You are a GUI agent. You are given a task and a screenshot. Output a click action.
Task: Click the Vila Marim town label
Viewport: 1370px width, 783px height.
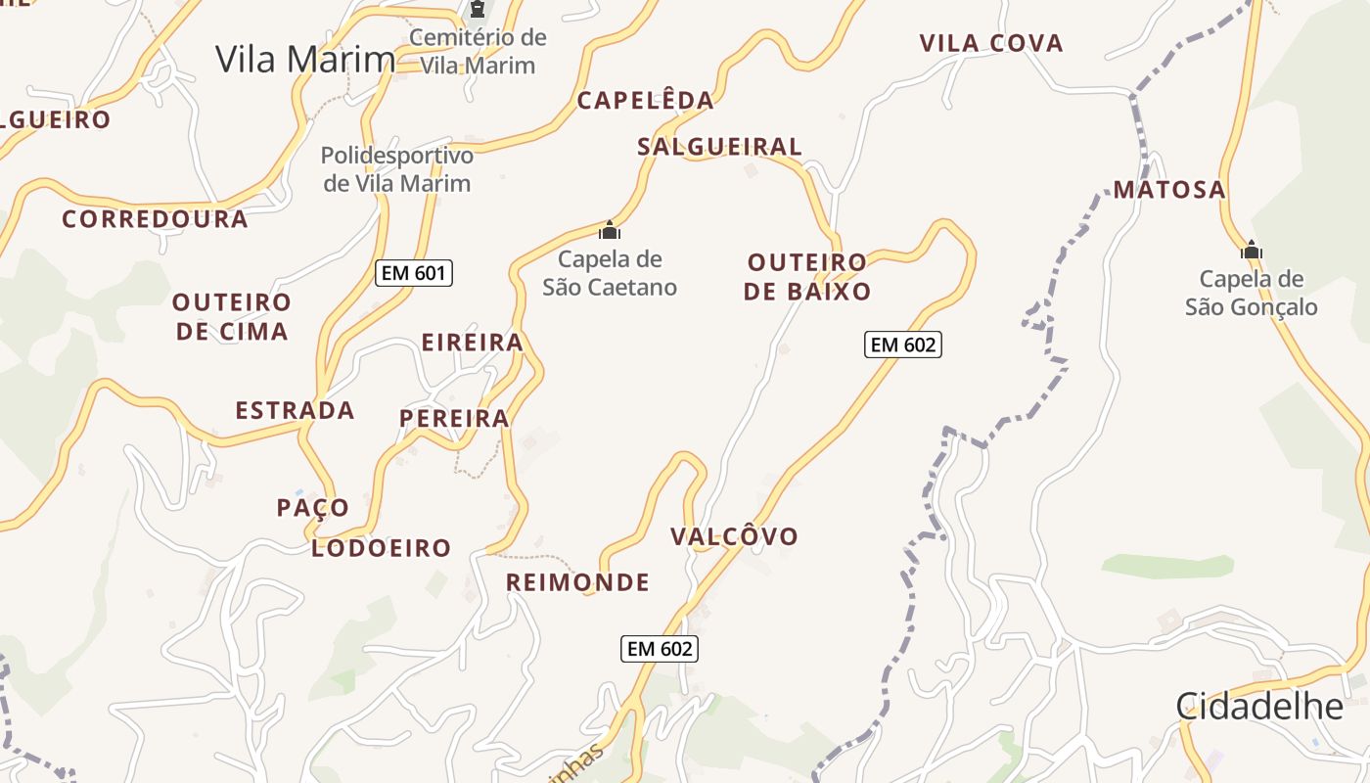coord(305,60)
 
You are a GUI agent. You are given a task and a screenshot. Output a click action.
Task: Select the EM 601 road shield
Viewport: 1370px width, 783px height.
coord(414,273)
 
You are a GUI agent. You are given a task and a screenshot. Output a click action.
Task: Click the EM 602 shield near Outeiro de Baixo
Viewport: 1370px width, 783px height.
coord(902,345)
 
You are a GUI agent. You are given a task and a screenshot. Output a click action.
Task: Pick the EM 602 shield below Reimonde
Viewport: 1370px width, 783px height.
coord(660,648)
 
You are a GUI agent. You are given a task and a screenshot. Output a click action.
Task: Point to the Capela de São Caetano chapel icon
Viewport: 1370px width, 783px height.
coord(610,232)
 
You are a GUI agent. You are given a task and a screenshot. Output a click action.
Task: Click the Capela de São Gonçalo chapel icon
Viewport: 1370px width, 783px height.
coord(1251,251)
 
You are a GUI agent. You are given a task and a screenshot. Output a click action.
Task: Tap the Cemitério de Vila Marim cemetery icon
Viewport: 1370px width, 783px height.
coord(478,11)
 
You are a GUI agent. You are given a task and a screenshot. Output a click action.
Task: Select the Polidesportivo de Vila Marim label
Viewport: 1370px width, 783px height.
coord(397,169)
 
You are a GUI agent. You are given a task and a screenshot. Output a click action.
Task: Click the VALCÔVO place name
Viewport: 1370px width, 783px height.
coord(734,536)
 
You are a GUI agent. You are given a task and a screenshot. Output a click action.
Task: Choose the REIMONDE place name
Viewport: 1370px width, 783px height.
coord(577,583)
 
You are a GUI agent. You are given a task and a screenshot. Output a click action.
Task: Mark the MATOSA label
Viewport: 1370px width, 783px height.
coord(1169,190)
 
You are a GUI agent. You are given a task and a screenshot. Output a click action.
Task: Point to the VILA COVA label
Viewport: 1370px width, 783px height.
coord(991,43)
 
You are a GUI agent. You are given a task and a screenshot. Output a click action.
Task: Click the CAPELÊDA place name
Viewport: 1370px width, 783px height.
coord(645,100)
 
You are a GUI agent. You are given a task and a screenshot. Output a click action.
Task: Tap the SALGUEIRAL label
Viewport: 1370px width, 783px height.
coord(719,147)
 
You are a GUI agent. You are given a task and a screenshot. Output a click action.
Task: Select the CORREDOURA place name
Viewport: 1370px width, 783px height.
coord(155,219)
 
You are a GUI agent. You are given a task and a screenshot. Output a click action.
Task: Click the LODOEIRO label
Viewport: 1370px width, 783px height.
coord(381,548)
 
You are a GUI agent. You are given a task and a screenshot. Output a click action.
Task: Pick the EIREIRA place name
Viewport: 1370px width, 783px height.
coord(472,343)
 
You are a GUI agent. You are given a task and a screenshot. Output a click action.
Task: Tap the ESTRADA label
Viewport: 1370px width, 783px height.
coord(295,410)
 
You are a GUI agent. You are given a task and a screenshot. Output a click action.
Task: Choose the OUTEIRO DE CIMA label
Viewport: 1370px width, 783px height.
coord(232,316)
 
